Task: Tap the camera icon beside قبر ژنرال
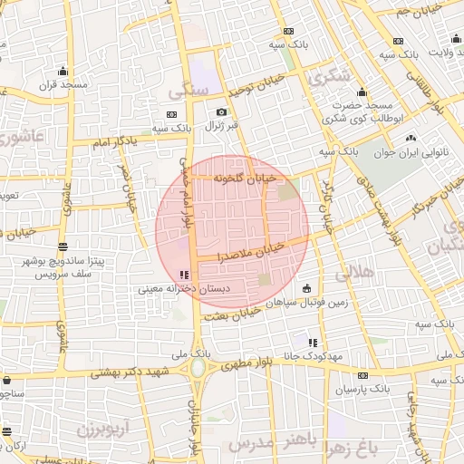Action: tap(221, 112)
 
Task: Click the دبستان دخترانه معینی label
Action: tap(172, 290)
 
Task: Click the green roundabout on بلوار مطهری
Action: tap(197, 369)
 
